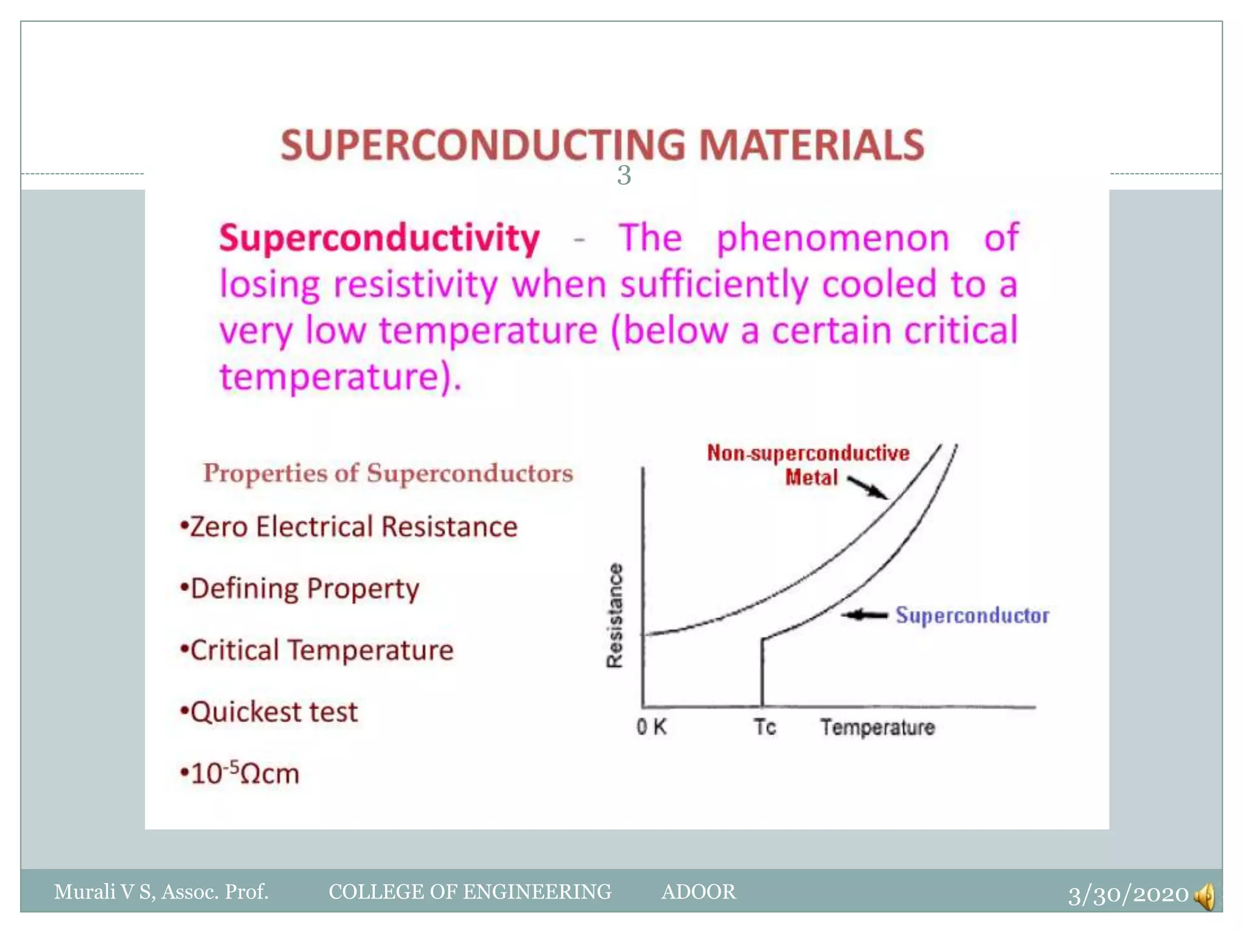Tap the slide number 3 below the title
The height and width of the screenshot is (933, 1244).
point(624,176)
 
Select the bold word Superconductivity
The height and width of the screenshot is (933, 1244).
point(379,238)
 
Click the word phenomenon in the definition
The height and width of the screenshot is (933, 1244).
point(832,238)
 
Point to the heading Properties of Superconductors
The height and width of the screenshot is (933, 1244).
point(388,473)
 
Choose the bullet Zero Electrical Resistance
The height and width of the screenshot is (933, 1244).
point(349,527)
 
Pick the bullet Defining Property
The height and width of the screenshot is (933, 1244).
point(300,589)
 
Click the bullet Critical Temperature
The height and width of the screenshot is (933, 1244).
point(317,651)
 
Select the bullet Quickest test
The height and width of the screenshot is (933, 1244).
point(269,712)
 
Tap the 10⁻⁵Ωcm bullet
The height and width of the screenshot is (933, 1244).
point(241,774)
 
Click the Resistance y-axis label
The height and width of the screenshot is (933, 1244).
point(615,615)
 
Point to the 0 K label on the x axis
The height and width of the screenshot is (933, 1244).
point(651,726)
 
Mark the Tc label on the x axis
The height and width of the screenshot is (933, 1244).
point(765,726)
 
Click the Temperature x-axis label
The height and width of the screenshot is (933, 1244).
point(877,727)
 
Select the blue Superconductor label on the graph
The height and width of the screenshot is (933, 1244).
point(972,615)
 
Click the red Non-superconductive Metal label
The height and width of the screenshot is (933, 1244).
point(808,465)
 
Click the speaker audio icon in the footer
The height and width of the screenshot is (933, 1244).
point(1205,896)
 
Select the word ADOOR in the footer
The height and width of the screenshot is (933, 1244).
point(698,892)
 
